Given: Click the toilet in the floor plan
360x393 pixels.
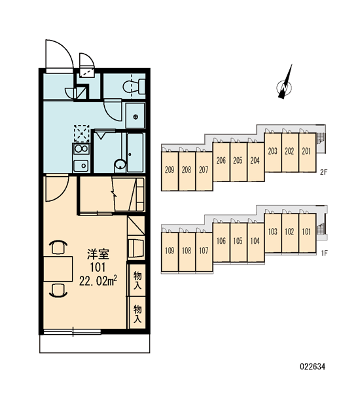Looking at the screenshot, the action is click(134, 86).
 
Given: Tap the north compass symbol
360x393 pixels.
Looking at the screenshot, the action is click(285, 84).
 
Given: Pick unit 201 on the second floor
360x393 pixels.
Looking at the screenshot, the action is click(307, 152).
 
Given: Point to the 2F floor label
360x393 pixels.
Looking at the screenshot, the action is click(323, 172).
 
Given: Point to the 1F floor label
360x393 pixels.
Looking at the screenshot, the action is click(324, 253).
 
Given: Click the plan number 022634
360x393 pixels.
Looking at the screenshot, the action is click(312, 367).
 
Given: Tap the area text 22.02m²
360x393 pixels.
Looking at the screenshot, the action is click(98, 281).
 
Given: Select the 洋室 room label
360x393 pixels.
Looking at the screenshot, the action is click(98, 254).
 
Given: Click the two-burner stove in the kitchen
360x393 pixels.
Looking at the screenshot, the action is click(81, 149).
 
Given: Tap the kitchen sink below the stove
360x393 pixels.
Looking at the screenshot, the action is click(81, 166).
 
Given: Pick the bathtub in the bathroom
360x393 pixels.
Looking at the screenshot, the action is click(135, 153).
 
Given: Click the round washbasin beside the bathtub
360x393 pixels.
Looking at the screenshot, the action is click(120, 165).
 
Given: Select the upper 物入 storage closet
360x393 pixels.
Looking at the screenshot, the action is click(137, 280).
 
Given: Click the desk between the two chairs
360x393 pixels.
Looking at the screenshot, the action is click(58, 269).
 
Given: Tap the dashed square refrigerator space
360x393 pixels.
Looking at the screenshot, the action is click(81, 134).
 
